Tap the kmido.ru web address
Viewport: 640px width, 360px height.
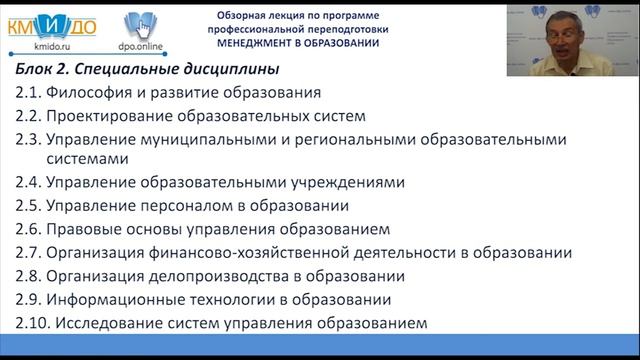pos(40,46)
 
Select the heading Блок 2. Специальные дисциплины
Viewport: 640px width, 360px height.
pos(147,70)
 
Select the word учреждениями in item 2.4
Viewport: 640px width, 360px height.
pos(343,183)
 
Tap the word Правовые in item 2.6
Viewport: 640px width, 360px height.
pos(88,229)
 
